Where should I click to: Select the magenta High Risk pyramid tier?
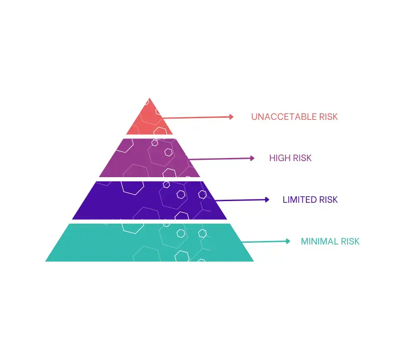coord(150,158)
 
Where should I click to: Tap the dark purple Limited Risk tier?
coord(150,200)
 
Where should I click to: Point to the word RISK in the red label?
coord(328,117)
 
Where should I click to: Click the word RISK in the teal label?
coord(351,241)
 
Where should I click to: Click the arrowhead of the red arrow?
coord(232,116)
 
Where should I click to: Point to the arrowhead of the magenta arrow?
coord(253,159)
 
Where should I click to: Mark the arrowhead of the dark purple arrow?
coord(267,200)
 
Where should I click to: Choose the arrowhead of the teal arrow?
coord(288,241)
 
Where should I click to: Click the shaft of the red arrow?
coord(195,117)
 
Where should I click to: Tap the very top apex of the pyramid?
coord(150,99)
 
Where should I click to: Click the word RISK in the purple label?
coord(328,200)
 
